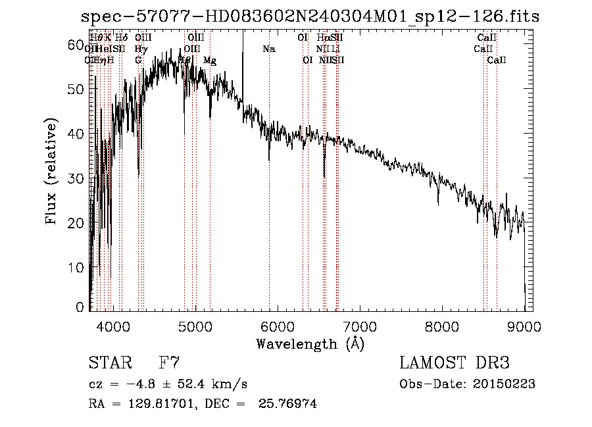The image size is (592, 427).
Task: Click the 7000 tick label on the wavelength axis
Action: tap(360, 326)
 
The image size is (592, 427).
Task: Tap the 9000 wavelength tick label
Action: tap(524, 326)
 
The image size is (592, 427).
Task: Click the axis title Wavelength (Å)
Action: tap(310, 343)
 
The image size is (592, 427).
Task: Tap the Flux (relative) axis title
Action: tap(51, 172)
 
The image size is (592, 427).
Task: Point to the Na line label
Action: tap(268, 49)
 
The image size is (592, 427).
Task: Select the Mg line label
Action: tap(209, 61)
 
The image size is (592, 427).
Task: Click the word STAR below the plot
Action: tap(109, 364)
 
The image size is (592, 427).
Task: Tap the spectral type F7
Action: tap(169, 364)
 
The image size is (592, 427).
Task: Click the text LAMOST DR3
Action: tap(454, 364)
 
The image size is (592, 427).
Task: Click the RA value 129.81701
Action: tap(161, 404)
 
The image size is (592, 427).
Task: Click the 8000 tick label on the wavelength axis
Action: tap(442, 326)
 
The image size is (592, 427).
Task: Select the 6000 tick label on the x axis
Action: tap(278, 326)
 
